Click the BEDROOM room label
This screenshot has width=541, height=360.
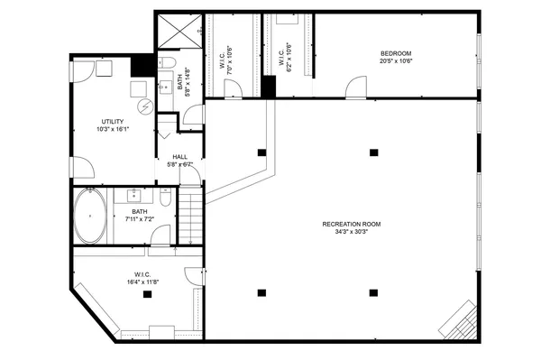396,54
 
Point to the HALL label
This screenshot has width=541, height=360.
180,157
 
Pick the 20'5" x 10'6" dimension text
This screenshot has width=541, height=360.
396,62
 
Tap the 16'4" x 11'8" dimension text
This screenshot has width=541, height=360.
142,282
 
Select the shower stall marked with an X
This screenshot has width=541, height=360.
179,33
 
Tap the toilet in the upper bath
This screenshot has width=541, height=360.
166,63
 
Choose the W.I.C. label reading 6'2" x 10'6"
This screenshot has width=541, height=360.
287,56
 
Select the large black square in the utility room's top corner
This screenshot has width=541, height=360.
142,66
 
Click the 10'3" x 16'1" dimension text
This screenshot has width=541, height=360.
113,128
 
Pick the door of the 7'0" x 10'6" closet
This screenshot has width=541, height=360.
233,88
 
